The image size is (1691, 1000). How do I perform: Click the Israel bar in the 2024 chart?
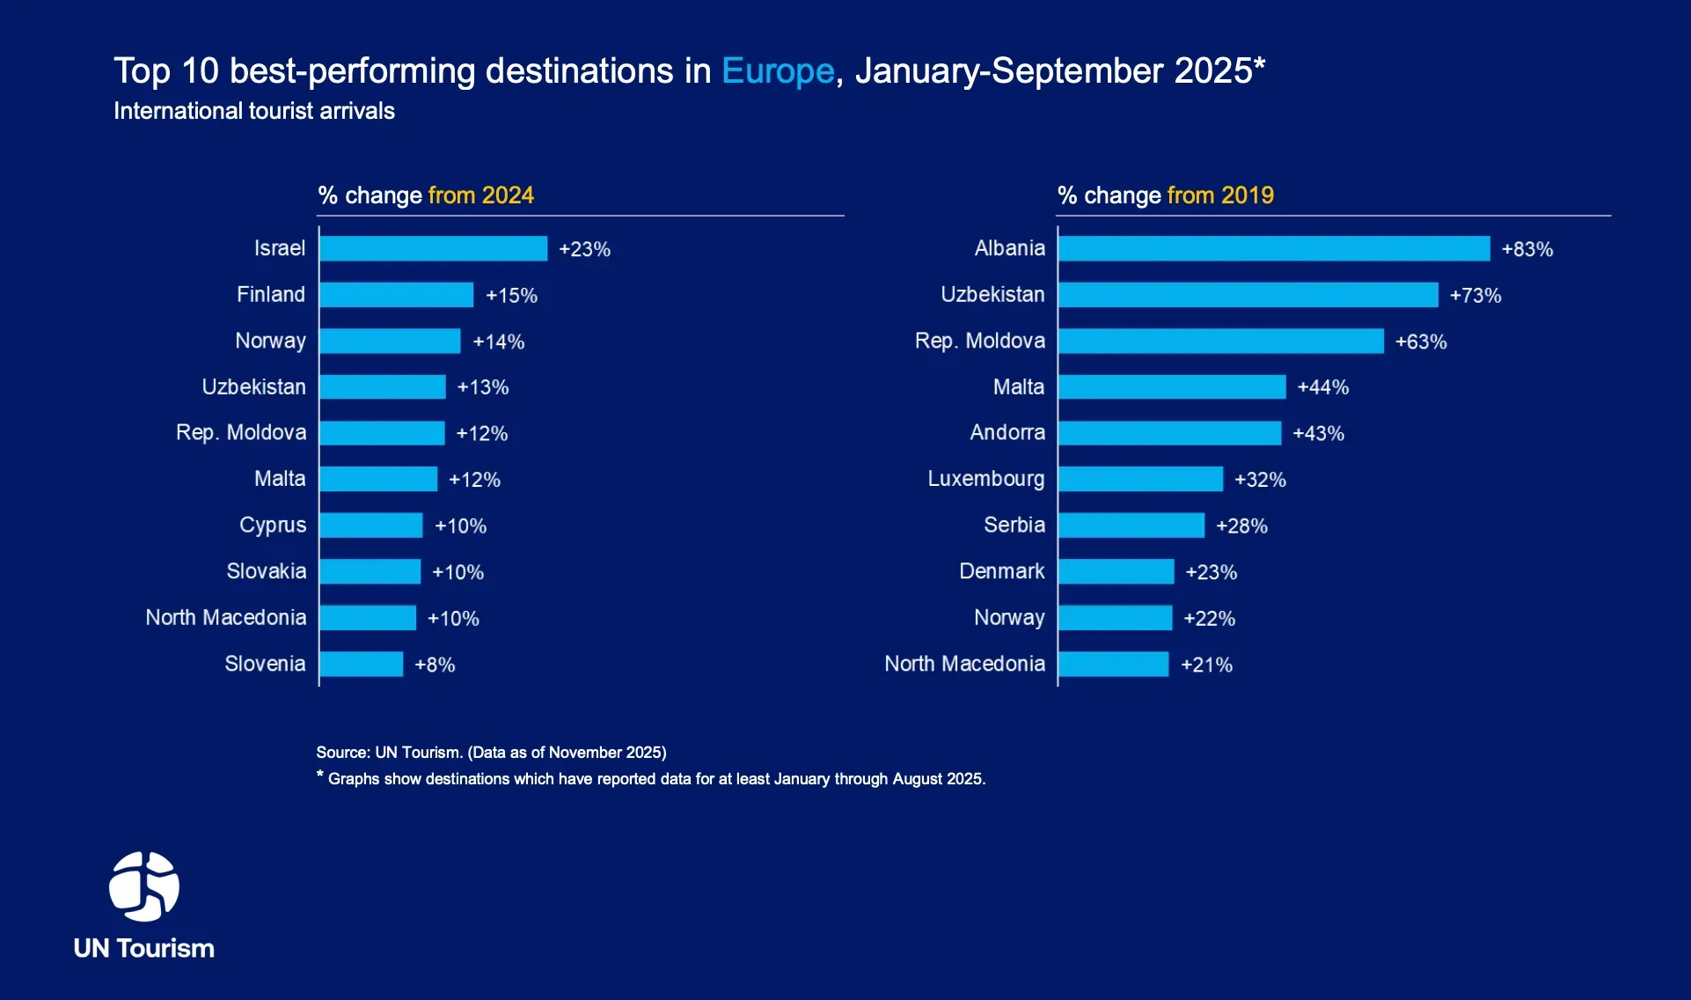[433, 248]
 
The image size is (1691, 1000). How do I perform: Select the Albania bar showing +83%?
[1274, 248]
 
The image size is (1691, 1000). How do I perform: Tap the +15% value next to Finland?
[511, 296]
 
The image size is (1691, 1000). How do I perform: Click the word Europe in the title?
[778, 71]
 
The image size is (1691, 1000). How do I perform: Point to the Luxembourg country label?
[985, 479]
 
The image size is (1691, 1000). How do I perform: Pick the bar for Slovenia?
[362, 664]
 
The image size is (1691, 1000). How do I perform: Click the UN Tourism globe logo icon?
[144, 886]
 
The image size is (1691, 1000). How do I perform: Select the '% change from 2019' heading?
[1165, 195]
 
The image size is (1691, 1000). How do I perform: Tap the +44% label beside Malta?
[1322, 387]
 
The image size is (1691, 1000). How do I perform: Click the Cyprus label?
[273, 526]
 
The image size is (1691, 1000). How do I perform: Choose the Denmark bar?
[1116, 571]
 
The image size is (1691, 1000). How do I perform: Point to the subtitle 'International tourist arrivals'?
[254, 111]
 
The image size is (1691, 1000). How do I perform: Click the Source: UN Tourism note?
[491, 753]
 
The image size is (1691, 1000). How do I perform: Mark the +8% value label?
[435, 665]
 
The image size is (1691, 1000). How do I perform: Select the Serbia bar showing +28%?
[1131, 526]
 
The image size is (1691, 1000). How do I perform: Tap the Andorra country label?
[1007, 433]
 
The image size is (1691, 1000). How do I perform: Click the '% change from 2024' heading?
[426, 195]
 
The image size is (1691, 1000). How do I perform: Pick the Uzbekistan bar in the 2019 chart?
[1248, 295]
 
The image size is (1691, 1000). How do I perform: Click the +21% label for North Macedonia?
[1206, 665]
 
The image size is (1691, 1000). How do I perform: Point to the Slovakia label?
[267, 571]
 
